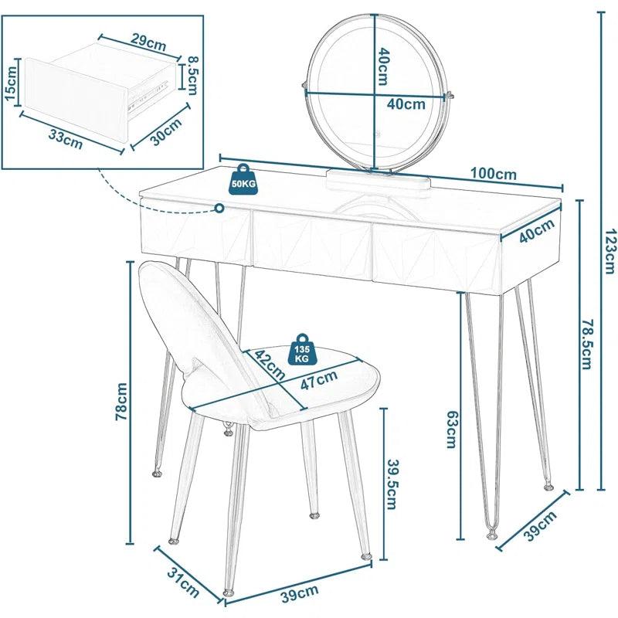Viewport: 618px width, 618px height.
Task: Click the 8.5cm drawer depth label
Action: pyautogui.click(x=191, y=76)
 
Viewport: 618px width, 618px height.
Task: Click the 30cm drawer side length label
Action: pyautogui.click(x=165, y=132)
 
